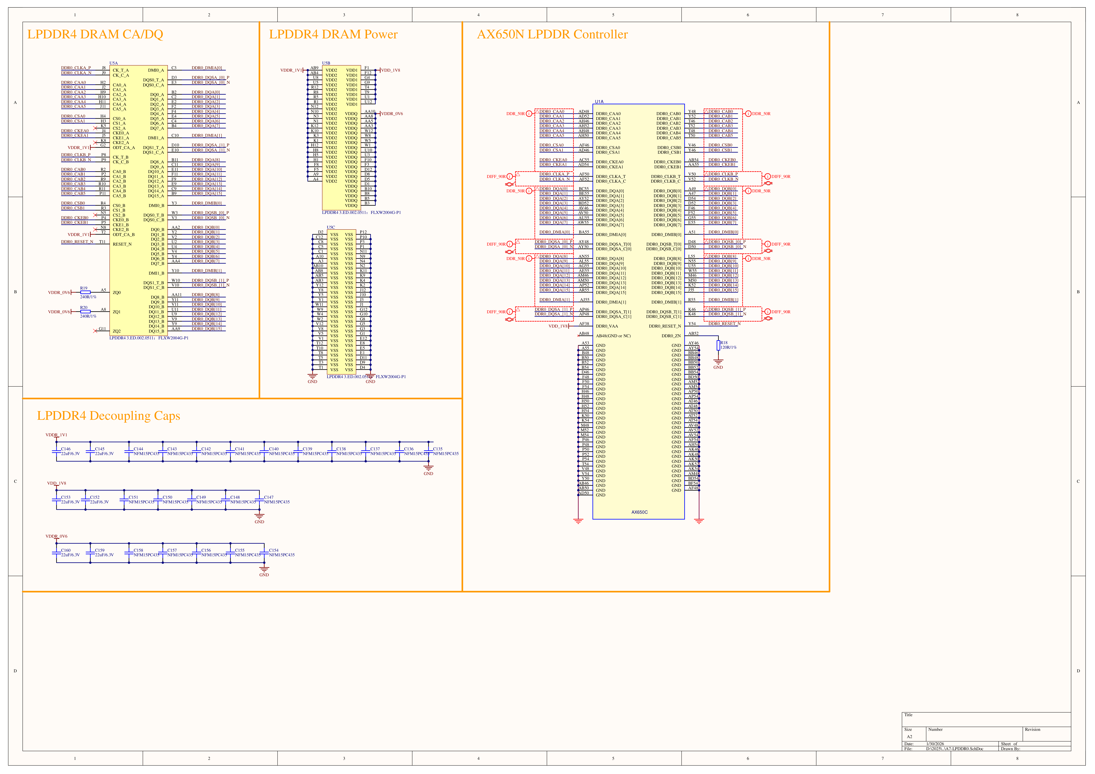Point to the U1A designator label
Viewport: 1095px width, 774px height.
coord(599,102)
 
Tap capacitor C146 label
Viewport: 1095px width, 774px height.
coord(66,449)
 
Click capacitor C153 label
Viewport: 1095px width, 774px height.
coord(66,497)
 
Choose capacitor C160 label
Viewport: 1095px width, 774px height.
coord(66,550)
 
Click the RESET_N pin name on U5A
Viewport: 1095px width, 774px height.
coord(122,244)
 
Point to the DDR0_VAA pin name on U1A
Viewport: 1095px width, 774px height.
coord(607,326)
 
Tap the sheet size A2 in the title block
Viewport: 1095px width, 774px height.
coord(909,737)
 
